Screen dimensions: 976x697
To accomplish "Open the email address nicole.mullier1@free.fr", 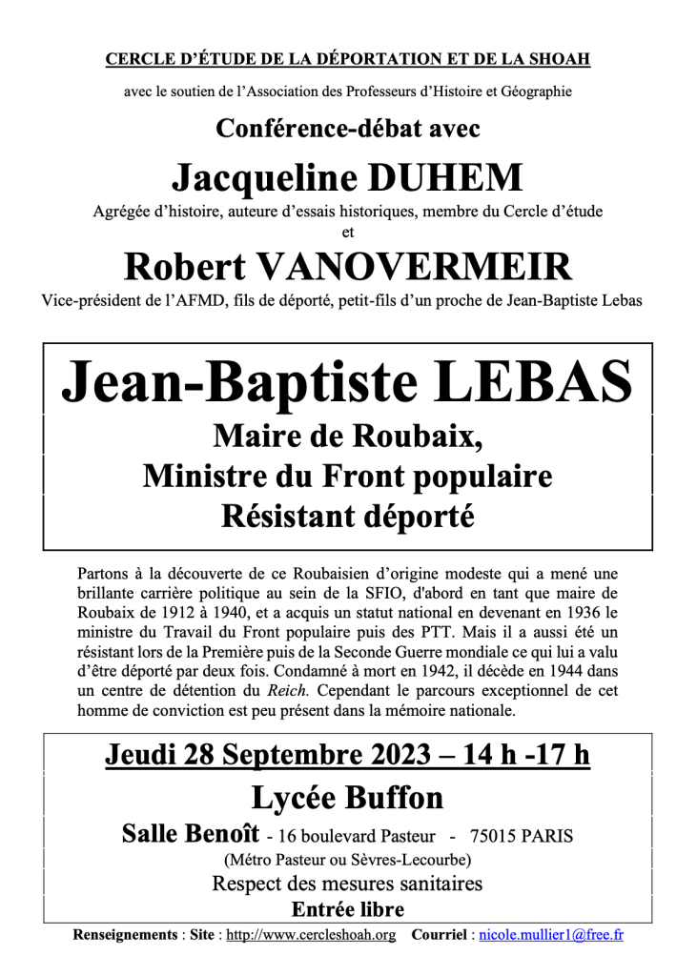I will (550, 935).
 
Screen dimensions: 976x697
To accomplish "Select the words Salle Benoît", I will (191, 834).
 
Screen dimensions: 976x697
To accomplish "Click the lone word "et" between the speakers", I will (347, 231).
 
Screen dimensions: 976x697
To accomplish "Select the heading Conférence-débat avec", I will (347, 127).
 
